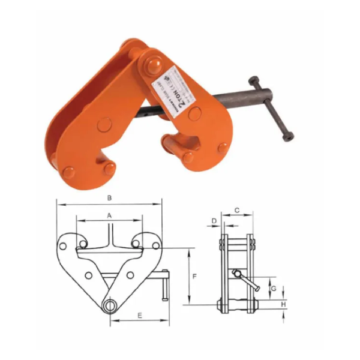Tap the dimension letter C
237,210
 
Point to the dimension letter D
214,221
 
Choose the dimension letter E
139,314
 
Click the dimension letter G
274,289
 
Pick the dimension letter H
283,304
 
